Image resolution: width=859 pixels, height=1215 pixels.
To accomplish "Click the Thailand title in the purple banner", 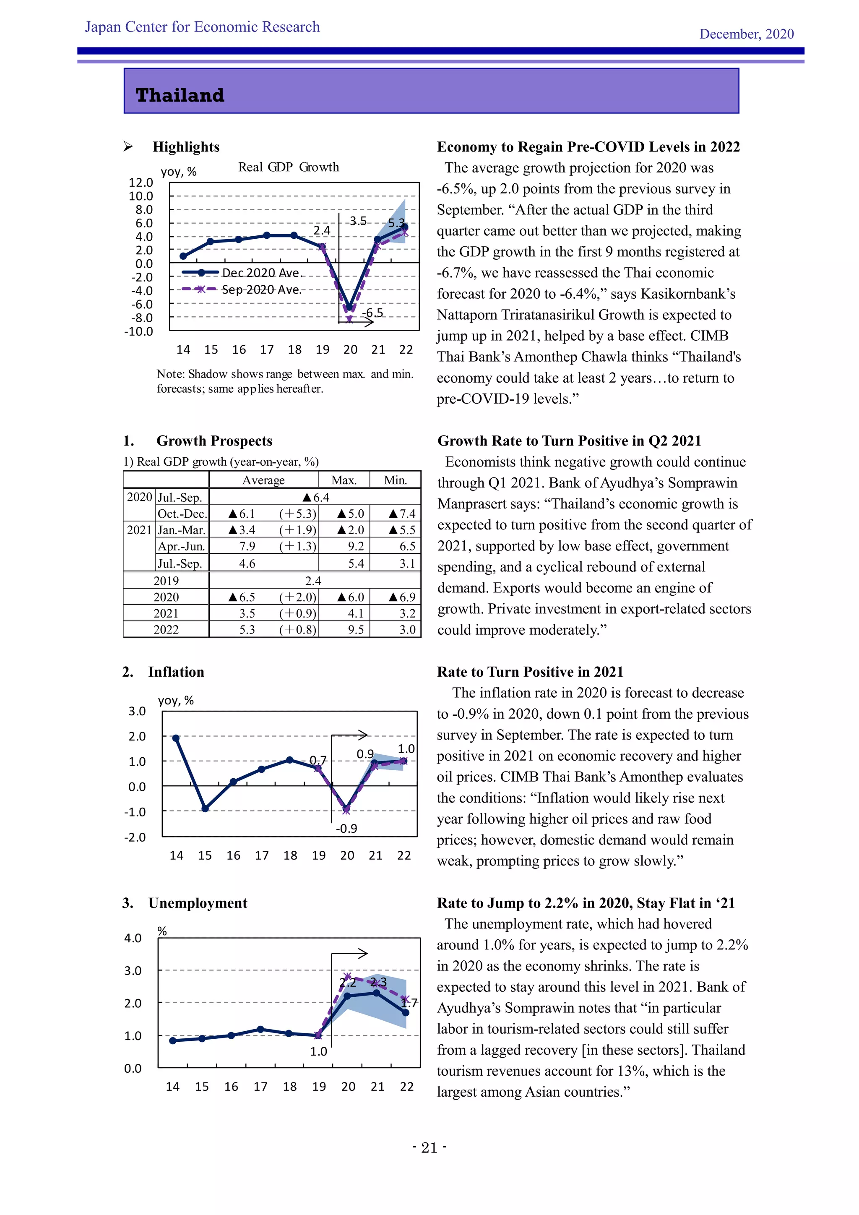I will [180, 95].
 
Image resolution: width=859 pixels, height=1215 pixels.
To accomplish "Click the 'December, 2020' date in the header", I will [746, 34].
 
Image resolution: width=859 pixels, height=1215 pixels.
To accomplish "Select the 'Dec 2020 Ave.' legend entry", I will [261, 273].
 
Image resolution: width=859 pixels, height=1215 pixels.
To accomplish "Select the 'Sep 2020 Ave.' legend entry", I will [261, 289].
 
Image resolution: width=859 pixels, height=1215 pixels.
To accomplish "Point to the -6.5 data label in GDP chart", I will [373, 313].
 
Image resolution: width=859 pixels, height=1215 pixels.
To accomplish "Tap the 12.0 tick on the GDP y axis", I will [141, 183].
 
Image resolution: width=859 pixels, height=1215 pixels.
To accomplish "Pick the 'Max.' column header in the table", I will [344, 480].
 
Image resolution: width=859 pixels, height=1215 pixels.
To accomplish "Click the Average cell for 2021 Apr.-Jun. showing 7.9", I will [247, 546].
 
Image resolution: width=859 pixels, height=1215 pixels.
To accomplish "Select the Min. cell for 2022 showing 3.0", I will [407, 630].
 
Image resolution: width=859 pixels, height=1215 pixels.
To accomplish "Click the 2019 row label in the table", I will [166, 581].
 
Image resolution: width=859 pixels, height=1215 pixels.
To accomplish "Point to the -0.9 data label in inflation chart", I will [346, 828].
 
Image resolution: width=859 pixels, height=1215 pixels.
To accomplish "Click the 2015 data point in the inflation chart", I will [205, 808].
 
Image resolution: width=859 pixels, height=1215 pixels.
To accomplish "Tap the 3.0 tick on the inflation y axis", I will [137, 711].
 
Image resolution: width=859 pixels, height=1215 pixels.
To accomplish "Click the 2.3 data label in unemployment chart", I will [378, 982].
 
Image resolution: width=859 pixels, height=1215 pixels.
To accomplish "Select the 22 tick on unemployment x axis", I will [407, 1086].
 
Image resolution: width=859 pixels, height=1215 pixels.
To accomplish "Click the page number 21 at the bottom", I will [429, 1148].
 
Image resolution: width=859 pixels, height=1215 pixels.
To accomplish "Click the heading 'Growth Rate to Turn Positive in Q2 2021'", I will [569, 441].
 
